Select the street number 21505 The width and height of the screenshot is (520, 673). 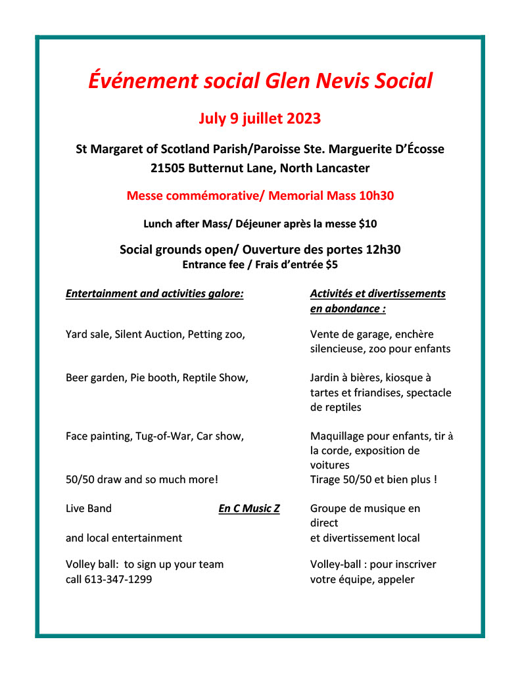(x=167, y=168)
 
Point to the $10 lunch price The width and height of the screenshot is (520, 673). (x=367, y=224)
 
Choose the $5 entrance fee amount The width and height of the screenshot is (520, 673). (x=332, y=264)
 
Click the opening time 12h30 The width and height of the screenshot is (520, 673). (x=381, y=250)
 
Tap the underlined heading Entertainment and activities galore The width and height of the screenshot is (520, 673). (x=154, y=294)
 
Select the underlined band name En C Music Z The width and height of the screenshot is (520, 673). (x=249, y=509)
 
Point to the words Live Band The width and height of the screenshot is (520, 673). (x=89, y=509)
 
